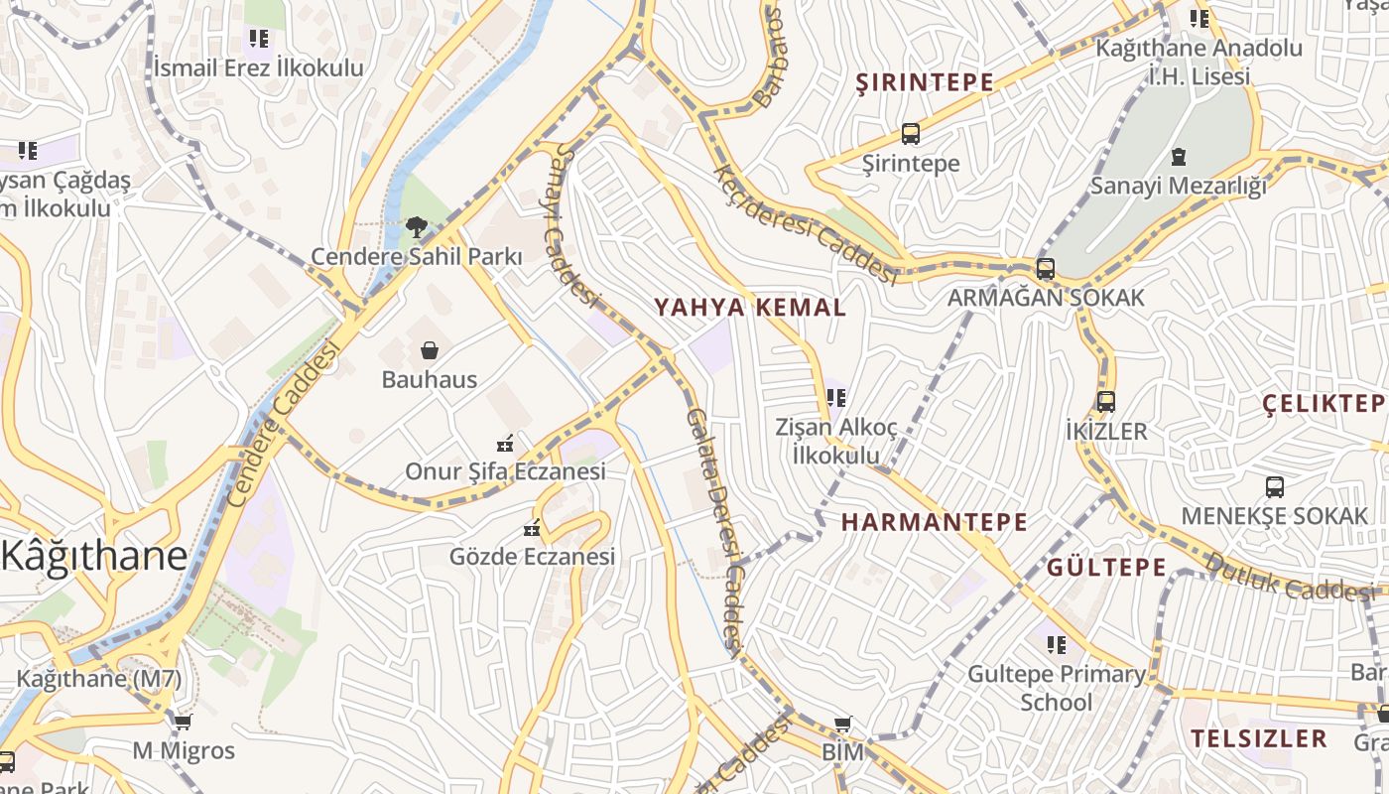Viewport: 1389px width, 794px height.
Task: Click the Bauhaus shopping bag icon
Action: (430, 349)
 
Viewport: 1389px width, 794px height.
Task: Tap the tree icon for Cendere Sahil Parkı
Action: (417, 227)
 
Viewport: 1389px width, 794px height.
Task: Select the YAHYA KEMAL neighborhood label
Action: (750, 307)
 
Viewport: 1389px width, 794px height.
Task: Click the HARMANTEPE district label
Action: (935, 522)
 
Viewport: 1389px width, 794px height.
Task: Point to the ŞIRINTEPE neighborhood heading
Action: (925, 82)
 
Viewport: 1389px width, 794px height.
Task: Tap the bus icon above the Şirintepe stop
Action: (910, 134)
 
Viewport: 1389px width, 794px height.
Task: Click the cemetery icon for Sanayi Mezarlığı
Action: (1179, 156)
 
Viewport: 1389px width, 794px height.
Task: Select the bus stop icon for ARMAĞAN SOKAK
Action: (1045, 268)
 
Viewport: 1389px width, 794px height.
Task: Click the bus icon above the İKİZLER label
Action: (1106, 402)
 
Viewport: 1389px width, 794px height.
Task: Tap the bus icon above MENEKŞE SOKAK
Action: (1275, 487)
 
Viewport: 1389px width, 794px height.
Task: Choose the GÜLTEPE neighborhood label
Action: (1106, 568)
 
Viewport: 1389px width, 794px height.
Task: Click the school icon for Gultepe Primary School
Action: (1057, 645)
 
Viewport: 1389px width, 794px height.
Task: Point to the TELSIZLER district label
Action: (1259, 738)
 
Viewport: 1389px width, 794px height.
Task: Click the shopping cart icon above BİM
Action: (842, 724)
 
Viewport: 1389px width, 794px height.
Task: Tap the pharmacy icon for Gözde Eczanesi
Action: (532, 527)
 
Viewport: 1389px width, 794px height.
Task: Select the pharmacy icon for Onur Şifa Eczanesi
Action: (505, 442)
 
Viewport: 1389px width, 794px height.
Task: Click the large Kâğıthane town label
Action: (94, 555)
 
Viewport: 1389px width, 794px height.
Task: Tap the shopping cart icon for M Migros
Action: (183, 722)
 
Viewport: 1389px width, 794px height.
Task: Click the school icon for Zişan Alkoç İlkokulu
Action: (836, 398)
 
